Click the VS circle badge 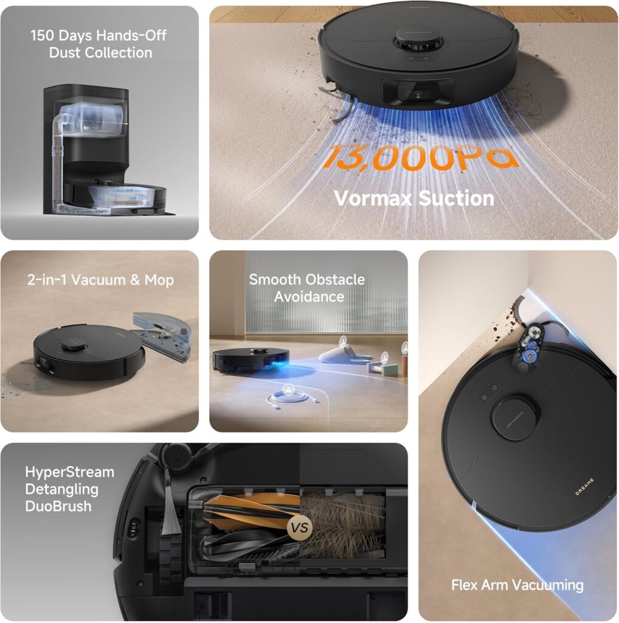[x=299, y=527]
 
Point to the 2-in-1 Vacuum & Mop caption [x=100, y=280]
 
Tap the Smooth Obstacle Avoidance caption [x=307, y=288]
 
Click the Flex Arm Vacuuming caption [x=517, y=585]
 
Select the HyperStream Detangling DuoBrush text [x=69, y=489]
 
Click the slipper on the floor [x=344, y=353]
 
